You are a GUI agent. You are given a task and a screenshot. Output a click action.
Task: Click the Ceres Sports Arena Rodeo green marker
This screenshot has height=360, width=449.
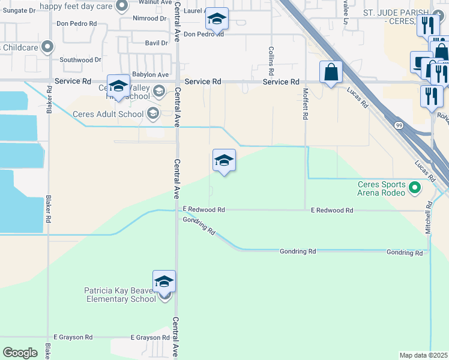(414, 189)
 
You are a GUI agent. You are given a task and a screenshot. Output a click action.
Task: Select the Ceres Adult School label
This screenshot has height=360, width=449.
(108, 114)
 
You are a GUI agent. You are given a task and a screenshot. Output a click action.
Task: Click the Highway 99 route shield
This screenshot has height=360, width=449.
(399, 124)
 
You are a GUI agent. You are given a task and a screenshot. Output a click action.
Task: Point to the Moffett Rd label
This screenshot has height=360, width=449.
(305, 104)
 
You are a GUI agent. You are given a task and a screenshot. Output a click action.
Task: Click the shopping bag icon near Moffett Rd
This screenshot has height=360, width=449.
(331, 73)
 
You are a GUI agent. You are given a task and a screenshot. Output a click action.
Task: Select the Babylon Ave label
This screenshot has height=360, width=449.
(151, 75)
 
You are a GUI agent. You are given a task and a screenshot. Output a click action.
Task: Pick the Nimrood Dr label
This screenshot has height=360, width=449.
(151, 19)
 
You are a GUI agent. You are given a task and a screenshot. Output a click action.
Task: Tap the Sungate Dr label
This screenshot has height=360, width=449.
(19, 11)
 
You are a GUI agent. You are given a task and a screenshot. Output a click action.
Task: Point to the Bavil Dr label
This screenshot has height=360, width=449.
(156, 43)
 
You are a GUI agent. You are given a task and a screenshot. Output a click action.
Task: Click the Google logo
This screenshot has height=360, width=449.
(20, 352)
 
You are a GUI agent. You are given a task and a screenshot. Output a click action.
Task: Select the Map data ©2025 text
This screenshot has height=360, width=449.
(423, 355)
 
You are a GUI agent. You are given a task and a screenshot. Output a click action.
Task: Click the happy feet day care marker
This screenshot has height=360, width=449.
(122, 7)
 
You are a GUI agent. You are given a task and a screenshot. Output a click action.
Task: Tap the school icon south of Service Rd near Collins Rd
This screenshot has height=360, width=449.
(224, 161)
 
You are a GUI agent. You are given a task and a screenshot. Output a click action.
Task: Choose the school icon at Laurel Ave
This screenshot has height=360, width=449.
(216, 19)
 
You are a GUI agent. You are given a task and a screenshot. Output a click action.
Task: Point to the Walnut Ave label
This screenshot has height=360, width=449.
(151, 2)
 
